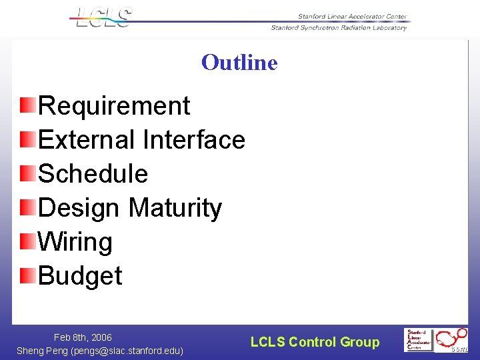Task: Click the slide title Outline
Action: [239, 63]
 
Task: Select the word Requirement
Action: [115, 106]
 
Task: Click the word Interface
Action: [193, 140]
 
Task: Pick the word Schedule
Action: [93, 174]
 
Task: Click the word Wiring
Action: [75, 242]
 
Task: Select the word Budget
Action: [81, 276]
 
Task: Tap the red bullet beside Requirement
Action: [27, 105]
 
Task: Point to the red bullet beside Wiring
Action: [27, 241]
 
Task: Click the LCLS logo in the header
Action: [103, 17]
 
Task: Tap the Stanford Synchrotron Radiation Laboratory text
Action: [339, 28]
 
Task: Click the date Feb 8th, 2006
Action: [83, 338]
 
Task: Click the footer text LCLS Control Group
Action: [315, 343]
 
